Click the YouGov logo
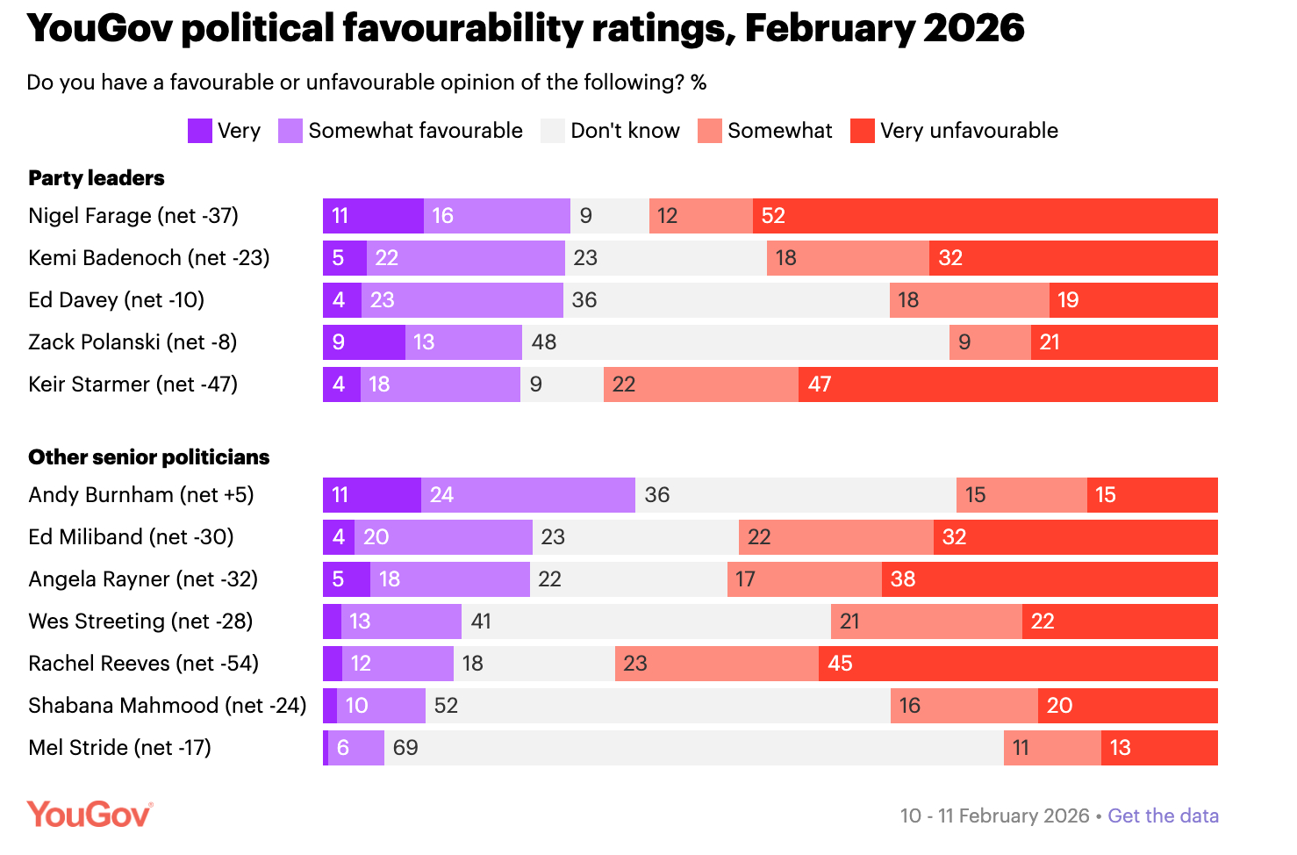(90, 815)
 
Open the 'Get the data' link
(1163, 815)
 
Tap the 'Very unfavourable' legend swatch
(863, 131)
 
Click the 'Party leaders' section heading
(97, 178)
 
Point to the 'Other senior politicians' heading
(149, 457)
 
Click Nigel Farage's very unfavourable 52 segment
(985, 216)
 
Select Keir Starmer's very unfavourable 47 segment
(1007, 384)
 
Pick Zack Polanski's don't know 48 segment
(735, 342)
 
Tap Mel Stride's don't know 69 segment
(693, 748)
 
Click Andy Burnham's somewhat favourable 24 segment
(527, 495)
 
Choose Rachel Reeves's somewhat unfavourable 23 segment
(716, 664)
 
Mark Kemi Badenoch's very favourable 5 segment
(344, 258)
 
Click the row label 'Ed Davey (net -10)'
(116, 300)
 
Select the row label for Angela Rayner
(143, 579)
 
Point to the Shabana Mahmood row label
(167, 706)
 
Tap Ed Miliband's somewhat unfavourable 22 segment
(835, 537)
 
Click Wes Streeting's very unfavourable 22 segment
(1119, 621)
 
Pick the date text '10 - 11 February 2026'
(994, 815)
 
